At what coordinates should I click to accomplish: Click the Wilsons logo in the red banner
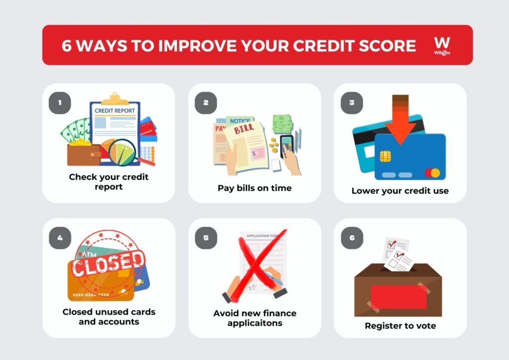(442, 46)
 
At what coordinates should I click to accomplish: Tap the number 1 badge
(60, 103)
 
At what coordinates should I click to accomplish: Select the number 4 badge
(60, 238)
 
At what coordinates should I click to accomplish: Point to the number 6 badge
(352, 238)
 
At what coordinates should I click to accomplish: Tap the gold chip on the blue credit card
(385, 156)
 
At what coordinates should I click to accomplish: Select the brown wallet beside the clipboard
(84, 155)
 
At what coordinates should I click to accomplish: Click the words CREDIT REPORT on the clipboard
(115, 111)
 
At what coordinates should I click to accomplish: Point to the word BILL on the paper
(244, 129)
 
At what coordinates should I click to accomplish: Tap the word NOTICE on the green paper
(240, 121)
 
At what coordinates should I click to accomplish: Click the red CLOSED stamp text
(108, 263)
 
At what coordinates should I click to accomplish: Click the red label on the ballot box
(399, 297)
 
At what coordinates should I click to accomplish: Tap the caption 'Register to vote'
(400, 326)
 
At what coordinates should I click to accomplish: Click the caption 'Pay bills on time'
(254, 188)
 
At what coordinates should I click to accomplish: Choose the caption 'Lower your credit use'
(400, 190)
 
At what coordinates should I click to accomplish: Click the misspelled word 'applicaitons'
(255, 323)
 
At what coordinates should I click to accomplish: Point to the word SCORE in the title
(387, 46)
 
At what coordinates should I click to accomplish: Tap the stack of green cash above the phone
(282, 124)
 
